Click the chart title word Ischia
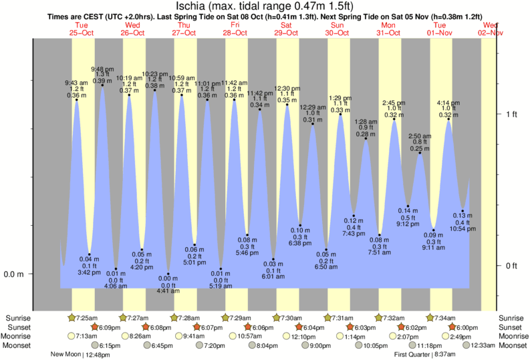click(197, 7)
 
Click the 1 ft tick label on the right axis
click(511, 114)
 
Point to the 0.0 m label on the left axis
click(14, 274)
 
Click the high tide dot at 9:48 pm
click(102, 85)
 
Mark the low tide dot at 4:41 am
click(168, 275)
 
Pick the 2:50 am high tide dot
click(420, 154)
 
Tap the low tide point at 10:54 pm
click(462, 211)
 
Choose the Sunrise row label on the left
click(17, 318)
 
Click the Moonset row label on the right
click(515, 345)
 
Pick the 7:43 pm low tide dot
click(354, 216)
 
